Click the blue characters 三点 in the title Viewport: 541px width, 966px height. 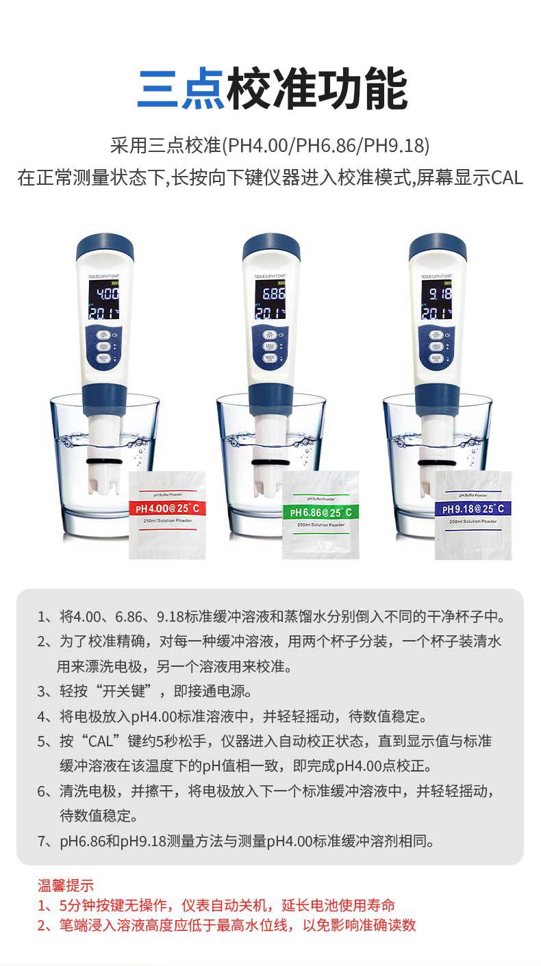[x=181, y=90]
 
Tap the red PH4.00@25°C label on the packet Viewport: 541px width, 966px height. [x=167, y=508]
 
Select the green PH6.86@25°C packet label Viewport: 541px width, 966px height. [x=320, y=512]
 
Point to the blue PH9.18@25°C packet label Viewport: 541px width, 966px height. [x=473, y=508]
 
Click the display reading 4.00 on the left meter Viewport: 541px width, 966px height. [x=107, y=295]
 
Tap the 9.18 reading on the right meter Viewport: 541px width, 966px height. [x=438, y=295]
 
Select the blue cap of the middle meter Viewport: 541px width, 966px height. [x=271, y=244]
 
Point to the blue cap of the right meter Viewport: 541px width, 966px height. [x=438, y=244]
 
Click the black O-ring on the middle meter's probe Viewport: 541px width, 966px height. [x=272, y=464]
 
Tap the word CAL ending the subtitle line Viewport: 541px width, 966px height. [x=507, y=177]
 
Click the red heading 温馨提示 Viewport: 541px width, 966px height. [x=66, y=885]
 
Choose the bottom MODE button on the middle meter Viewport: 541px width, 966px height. [x=269, y=358]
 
